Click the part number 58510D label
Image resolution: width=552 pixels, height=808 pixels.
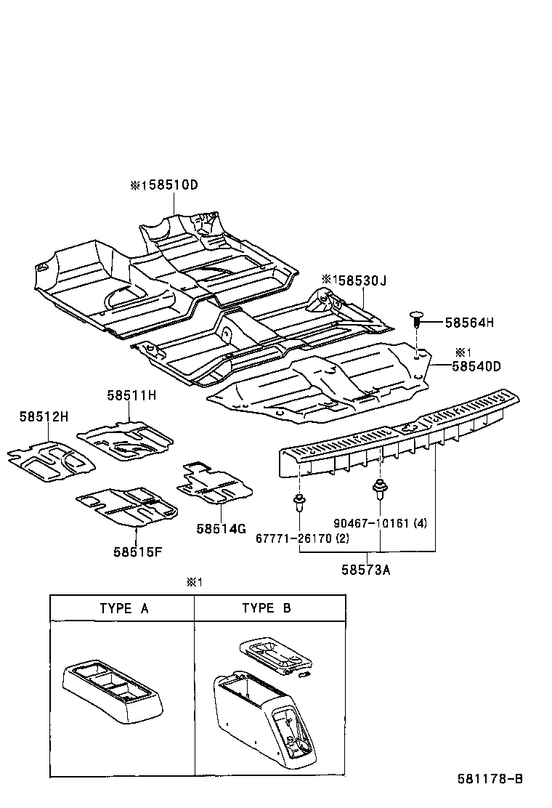click(x=169, y=185)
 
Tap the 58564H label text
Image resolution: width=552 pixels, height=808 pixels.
click(x=469, y=322)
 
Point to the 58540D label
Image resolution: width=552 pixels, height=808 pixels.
click(x=476, y=367)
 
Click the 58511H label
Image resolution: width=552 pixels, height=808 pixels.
click(x=131, y=395)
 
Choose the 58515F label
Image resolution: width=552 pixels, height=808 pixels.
click(x=137, y=552)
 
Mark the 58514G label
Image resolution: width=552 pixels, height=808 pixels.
click(x=221, y=528)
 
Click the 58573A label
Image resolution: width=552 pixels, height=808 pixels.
click(x=366, y=570)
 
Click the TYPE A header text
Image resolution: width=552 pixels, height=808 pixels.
click(x=123, y=608)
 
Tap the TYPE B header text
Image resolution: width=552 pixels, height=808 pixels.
click(x=266, y=608)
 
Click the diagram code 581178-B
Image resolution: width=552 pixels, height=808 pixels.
click(x=490, y=779)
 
